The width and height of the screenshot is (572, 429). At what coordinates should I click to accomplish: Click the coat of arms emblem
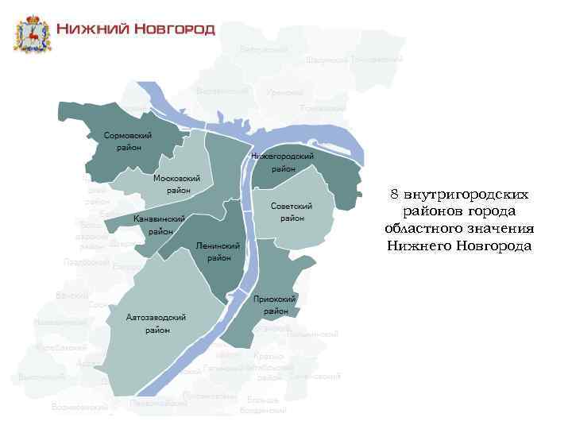33,33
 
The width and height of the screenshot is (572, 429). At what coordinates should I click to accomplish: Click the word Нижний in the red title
88,30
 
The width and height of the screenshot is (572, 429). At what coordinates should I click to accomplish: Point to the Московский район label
177,184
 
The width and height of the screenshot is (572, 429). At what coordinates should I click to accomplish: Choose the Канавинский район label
160,225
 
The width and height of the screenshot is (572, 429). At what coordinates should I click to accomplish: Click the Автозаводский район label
157,323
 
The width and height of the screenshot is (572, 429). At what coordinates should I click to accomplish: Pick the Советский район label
292,211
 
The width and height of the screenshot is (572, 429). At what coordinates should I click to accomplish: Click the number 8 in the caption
395,195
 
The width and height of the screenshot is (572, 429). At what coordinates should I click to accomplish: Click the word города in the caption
489,212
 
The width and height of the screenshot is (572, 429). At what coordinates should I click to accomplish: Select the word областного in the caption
422,229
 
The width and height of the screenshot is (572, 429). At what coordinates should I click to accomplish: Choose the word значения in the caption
498,229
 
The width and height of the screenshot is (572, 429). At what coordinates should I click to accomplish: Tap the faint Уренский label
280,93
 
